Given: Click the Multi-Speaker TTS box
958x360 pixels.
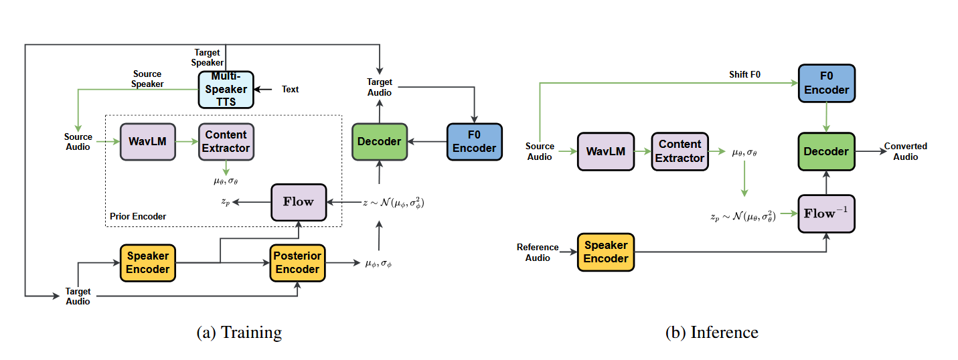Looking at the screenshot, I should pyautogui.click(x=226, y=90).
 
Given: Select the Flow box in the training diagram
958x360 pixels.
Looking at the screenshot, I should pyautogui.click(x=298, y=201).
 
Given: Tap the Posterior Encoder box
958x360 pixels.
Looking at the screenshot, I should pyautogui.click(x=298, y=262).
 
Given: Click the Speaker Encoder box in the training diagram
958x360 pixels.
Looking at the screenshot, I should pyautogui.click(x=149, y=262).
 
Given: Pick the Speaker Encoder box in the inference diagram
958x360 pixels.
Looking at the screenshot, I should pyautogui.click(x=606, y=252).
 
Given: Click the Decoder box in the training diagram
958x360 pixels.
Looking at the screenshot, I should pyautogui.click(x=380, y=141).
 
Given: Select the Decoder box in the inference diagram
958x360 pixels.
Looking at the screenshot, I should pyautogui.click(x=826, y=151).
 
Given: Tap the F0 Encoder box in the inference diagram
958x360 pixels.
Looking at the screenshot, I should pyautogui.click(x=826, y=83).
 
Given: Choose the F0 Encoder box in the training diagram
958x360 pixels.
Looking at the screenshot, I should pyautogui.click(x=474, y=141).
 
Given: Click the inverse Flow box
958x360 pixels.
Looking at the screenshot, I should pyautogui.click(x=826, y=213).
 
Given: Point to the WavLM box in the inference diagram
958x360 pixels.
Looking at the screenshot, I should pyautogui.click(x=606, y=151).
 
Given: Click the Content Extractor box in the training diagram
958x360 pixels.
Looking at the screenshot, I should pyautogui.click(x=227, y=141).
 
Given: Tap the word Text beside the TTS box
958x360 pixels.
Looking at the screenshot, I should pyautogui.click(x=291, y=89).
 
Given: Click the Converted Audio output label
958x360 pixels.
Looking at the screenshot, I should pyautogui.click(x=905, y=151).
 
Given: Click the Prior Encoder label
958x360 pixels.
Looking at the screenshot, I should pyautogui.click(x=138, y=216).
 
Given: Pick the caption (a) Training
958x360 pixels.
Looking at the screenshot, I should pyautogui.click(x=239, y=333).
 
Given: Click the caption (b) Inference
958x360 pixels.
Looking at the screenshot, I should pyautogui.click(x=712, y=333).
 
